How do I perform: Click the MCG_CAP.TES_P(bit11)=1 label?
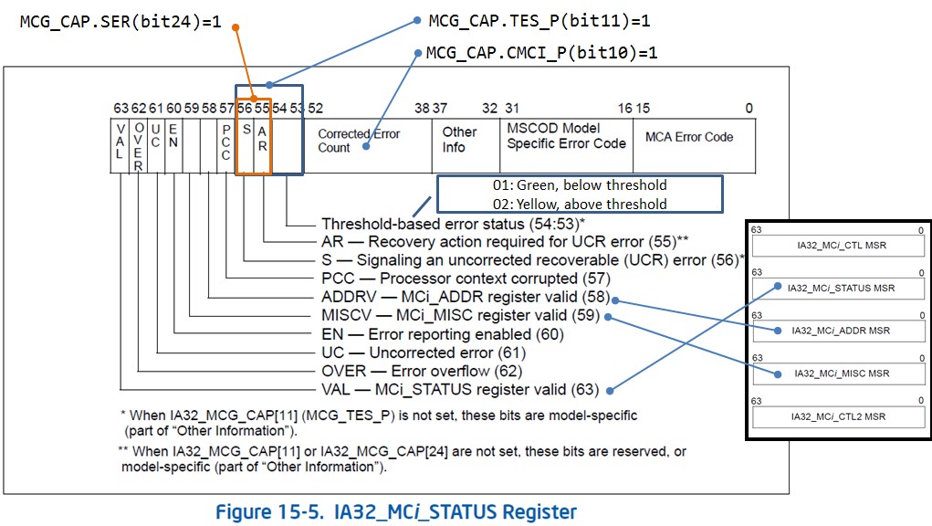coord(539,20)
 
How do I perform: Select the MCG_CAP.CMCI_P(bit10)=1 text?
coord(541,53)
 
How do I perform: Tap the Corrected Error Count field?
coord(359,141)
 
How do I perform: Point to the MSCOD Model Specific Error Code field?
coord(566,136)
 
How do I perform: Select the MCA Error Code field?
coord(689,137)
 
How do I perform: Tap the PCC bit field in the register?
coord(225,142)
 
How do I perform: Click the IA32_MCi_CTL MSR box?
coord(838,246)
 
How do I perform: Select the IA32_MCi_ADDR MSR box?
coord(838,331)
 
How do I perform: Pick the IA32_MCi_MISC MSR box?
coord(838,373)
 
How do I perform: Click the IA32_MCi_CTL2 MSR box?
coord(838,416)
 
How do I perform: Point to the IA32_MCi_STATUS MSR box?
coord(838,289)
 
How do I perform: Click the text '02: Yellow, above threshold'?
coord(580,204)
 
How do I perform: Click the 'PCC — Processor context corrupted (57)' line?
coord(466,279)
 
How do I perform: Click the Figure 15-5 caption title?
coord(395,511)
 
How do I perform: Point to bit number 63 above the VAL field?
coord(120,109)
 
